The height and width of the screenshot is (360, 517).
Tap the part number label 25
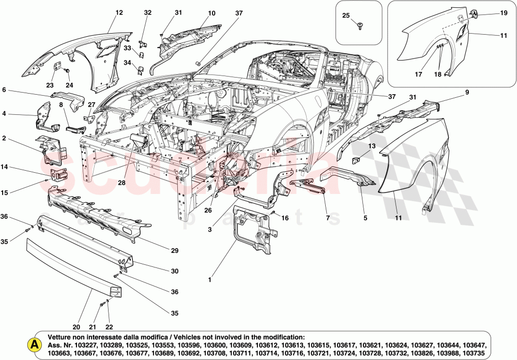pos(346,15)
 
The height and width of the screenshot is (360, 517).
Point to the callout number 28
pos(121,183)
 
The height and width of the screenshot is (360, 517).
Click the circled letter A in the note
pos(34,344)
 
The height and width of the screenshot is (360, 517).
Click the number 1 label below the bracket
pos(210,280)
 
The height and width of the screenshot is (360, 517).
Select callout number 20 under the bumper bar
pos(76,327)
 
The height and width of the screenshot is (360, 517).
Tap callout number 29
pos(174,251)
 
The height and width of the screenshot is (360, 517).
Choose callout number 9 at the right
pos(466,93)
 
